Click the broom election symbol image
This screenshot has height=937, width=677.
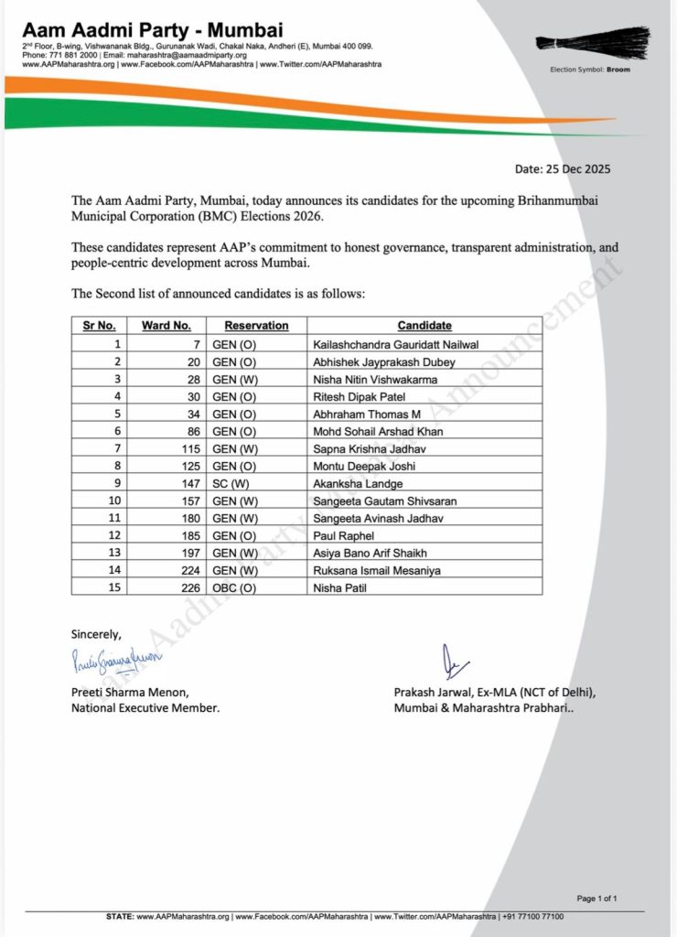coord(592,43)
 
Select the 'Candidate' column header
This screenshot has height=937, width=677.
coord(424,326)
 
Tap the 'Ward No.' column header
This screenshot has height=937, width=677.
coord(166,326)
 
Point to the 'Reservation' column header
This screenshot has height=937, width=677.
coord(256,326)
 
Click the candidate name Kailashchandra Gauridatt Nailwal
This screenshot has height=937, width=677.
coord(396,344)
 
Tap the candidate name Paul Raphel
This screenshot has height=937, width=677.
coord(343,534)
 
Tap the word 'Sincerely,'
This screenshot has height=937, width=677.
coord(95,633)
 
